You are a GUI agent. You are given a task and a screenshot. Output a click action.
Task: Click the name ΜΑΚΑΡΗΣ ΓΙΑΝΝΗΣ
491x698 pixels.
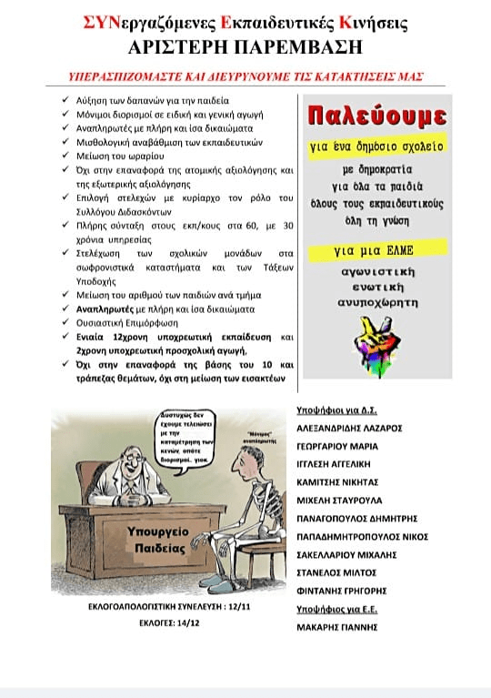pos(337,626)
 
